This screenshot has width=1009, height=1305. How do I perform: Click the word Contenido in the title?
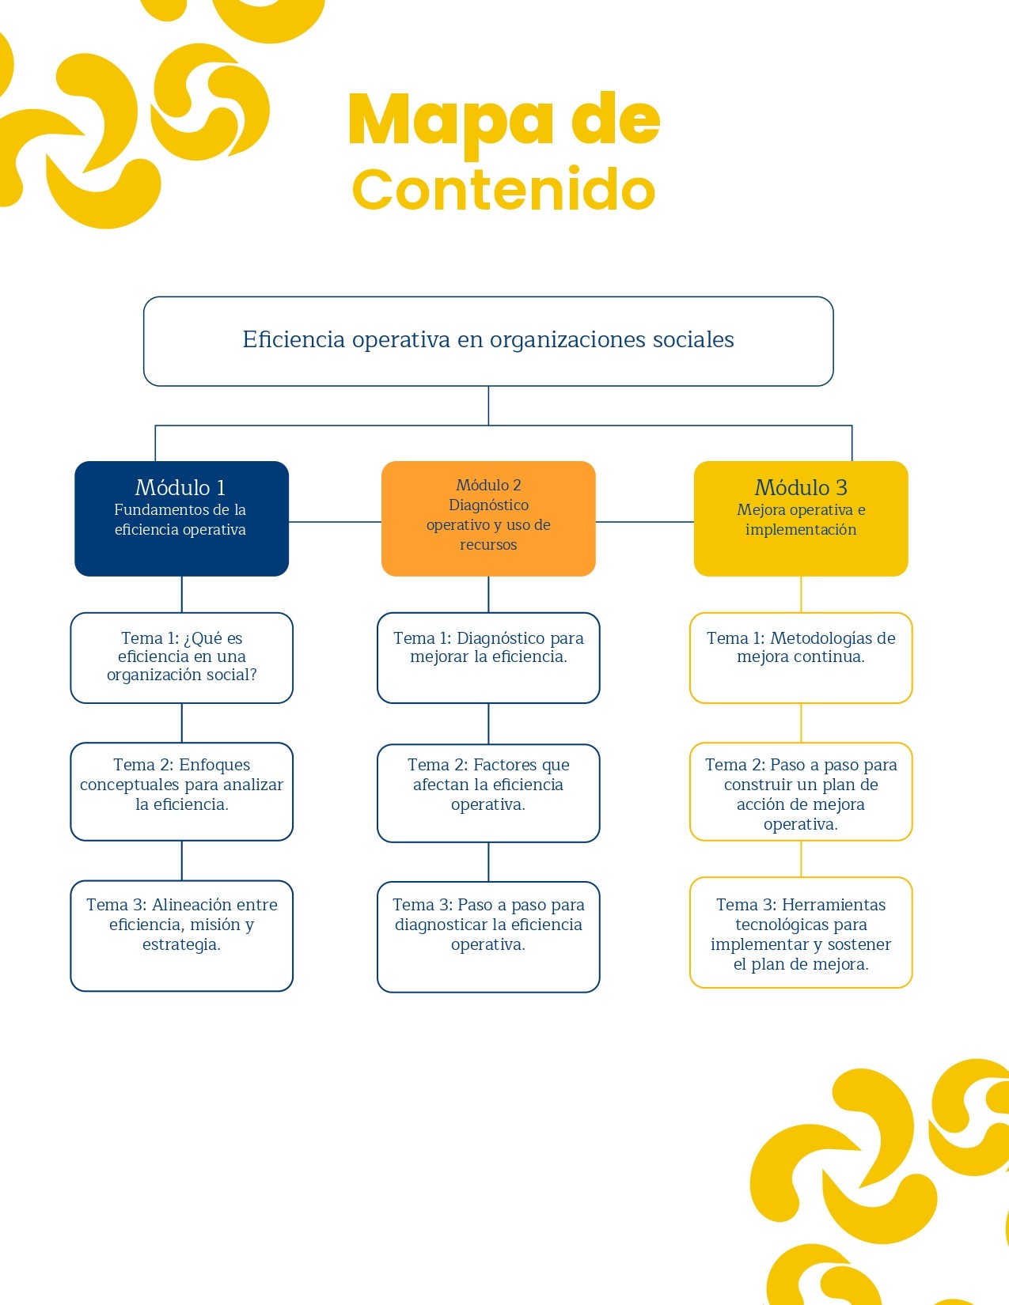(x=503, y=191)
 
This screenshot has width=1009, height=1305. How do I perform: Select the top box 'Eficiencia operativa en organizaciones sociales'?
(x=488, y=341)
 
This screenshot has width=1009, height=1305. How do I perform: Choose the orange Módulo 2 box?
(x=488, y=517)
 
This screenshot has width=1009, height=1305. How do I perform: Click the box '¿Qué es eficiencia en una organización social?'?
(x=181, y=657)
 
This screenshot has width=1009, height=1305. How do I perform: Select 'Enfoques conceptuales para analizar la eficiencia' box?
(x=181, y=790)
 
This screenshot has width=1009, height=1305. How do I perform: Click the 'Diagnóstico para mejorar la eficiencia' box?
(x=488, y=657)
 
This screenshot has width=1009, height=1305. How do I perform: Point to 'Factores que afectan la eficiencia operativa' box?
(x=488, y=792)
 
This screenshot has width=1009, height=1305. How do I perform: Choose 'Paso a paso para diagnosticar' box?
(x=488, y=936)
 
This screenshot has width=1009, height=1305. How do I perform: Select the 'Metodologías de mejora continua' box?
(x=801, y=657)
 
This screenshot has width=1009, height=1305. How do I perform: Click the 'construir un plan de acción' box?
(x=801, y=791)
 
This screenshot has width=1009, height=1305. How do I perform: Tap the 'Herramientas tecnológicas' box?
(x=801, y=932)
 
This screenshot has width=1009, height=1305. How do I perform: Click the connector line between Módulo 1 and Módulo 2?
(x=335, y=522)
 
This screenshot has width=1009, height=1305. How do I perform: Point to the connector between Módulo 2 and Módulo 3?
(x=644, y=522)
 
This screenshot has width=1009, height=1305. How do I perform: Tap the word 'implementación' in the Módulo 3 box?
(x=801, y=530)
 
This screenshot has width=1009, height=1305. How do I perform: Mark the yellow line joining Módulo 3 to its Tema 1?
(x=801, y=594)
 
